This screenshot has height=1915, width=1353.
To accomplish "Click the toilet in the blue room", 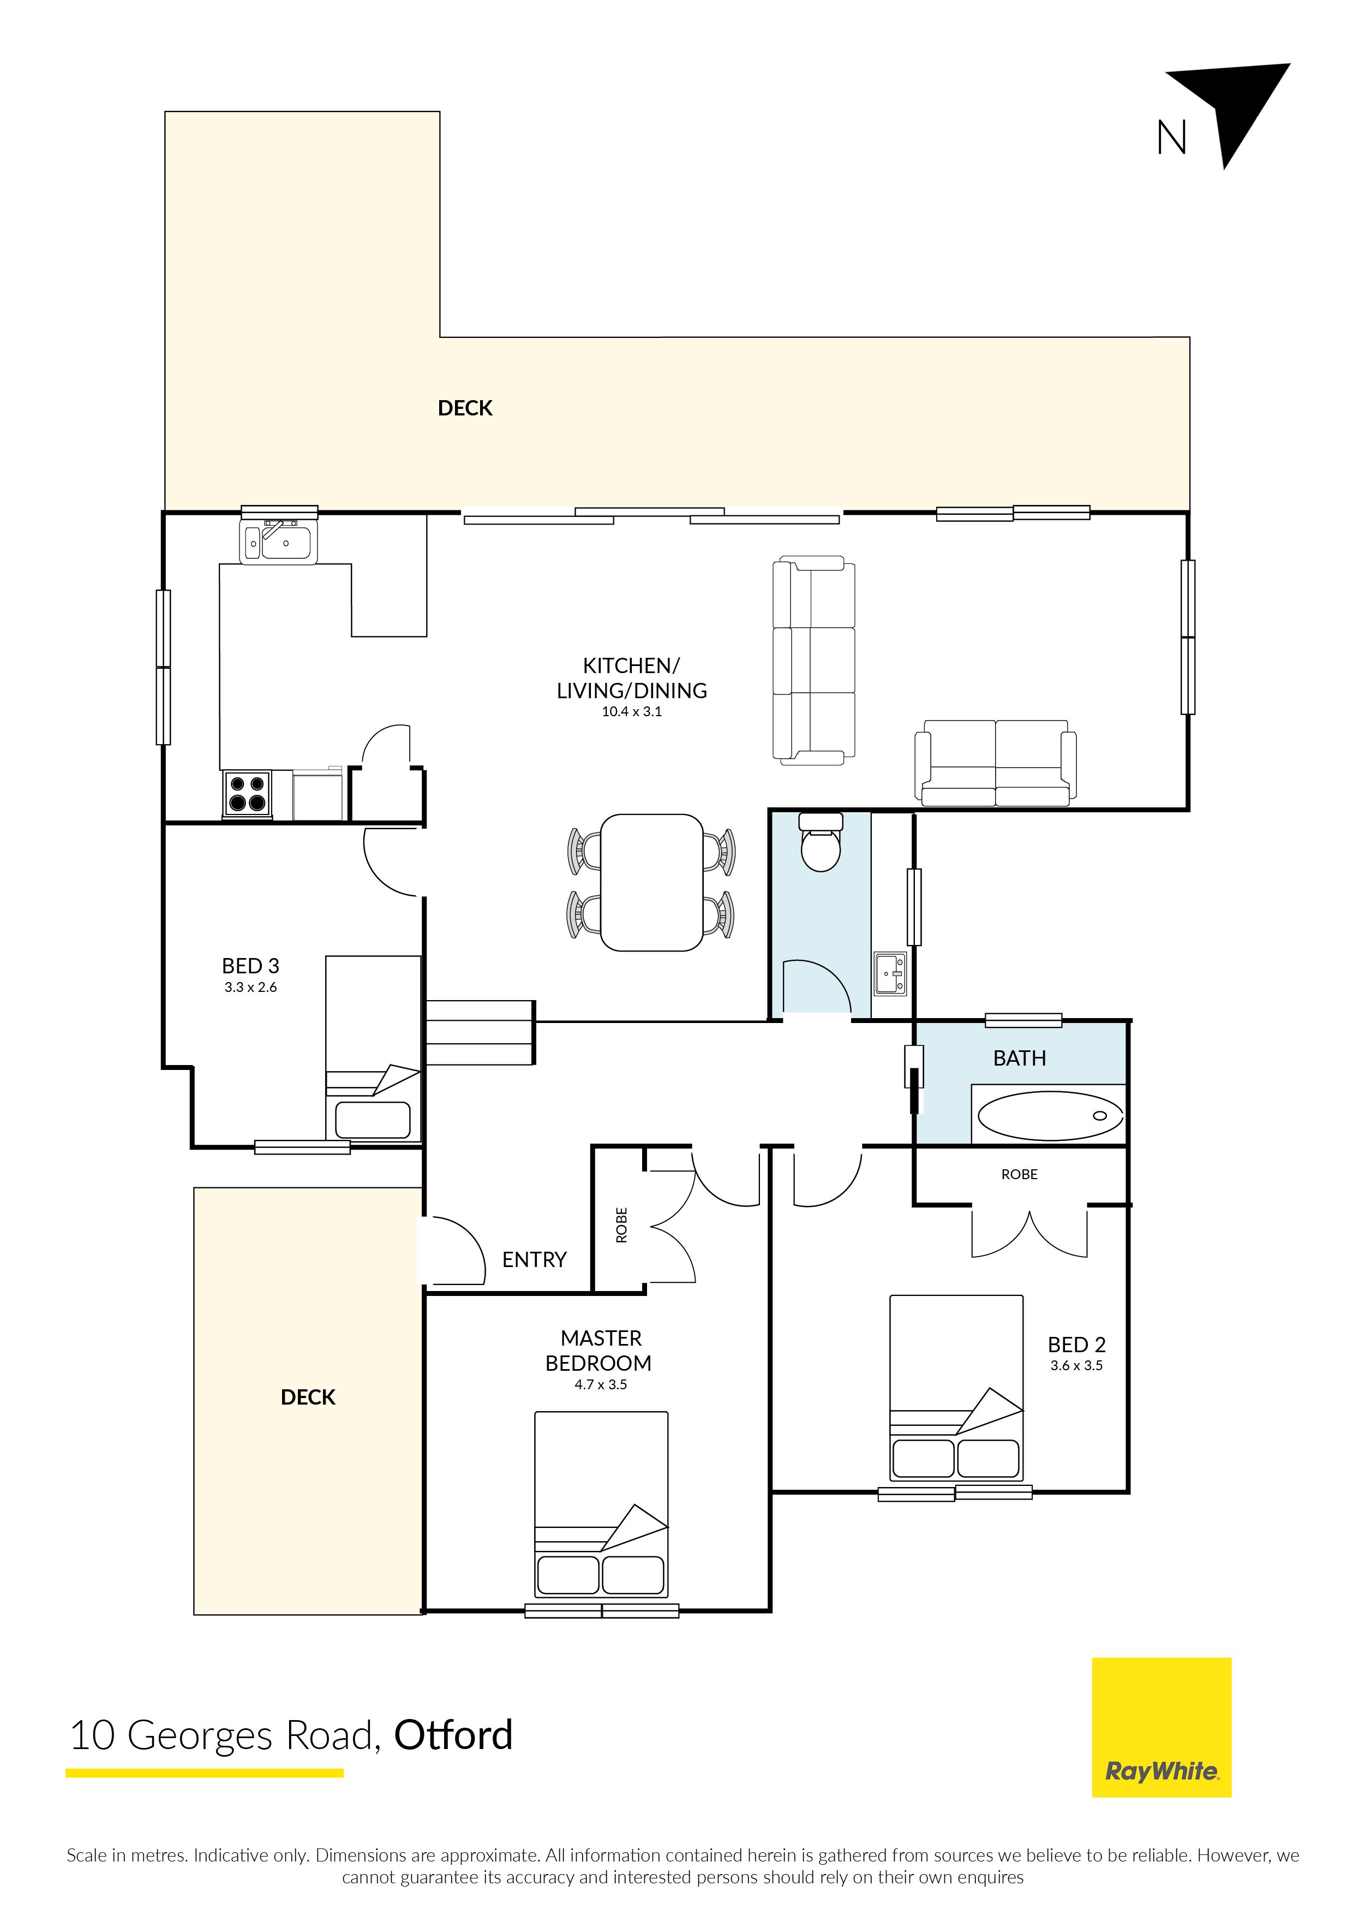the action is click(x=821, y=842).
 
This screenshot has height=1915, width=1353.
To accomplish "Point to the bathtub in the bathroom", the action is click(x=1050, y=1115).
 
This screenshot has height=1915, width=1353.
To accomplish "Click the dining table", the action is click(x=652, y=882).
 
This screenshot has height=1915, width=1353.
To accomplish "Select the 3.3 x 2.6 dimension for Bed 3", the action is click(x=250, y=988).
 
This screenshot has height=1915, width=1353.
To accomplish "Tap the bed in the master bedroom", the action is click(x=601, y=1504).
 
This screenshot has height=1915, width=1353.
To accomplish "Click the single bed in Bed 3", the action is click(x=373, y=1048).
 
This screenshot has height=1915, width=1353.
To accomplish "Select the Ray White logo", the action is click(x=1162, y=1727).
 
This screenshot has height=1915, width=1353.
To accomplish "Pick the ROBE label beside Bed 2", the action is click(x=1020, y=1174).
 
